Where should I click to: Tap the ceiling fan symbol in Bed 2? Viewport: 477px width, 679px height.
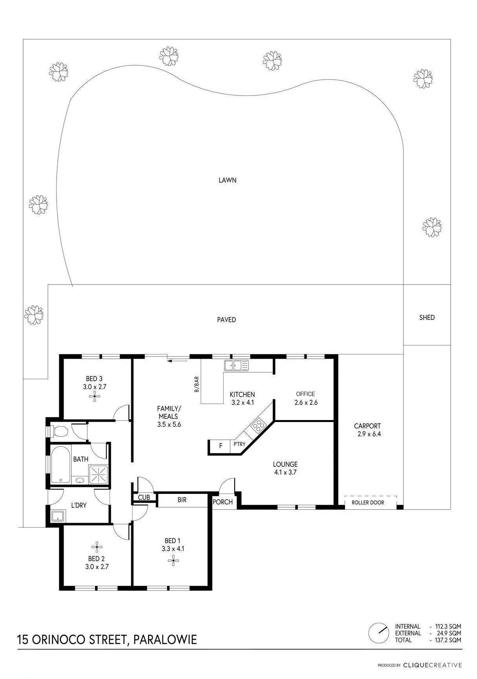coord(97,546)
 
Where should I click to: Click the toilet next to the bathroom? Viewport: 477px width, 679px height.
coord(58,431)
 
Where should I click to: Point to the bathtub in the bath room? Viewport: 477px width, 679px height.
coord(61,464)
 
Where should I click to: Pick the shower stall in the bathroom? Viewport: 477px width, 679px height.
coord(98,474)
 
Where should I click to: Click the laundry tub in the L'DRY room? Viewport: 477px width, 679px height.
coord(58,516)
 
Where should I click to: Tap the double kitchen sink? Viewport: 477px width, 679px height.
coord(236,365)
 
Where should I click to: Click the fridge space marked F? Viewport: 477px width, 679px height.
coord(221,446)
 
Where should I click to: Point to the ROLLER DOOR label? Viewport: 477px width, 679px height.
coord(368,502)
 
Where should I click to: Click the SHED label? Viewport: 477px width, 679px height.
coord(427,317)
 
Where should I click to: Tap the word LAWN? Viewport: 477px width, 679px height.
coord(227,180)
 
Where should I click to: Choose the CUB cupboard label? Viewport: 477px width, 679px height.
coord(144,497)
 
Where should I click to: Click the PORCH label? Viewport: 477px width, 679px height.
coord(223,502)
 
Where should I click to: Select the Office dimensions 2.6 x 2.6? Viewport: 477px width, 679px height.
coord(306,402)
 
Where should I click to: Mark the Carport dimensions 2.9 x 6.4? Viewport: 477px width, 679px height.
coord(367,434)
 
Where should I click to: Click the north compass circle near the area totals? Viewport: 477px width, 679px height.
coord(378,633)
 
